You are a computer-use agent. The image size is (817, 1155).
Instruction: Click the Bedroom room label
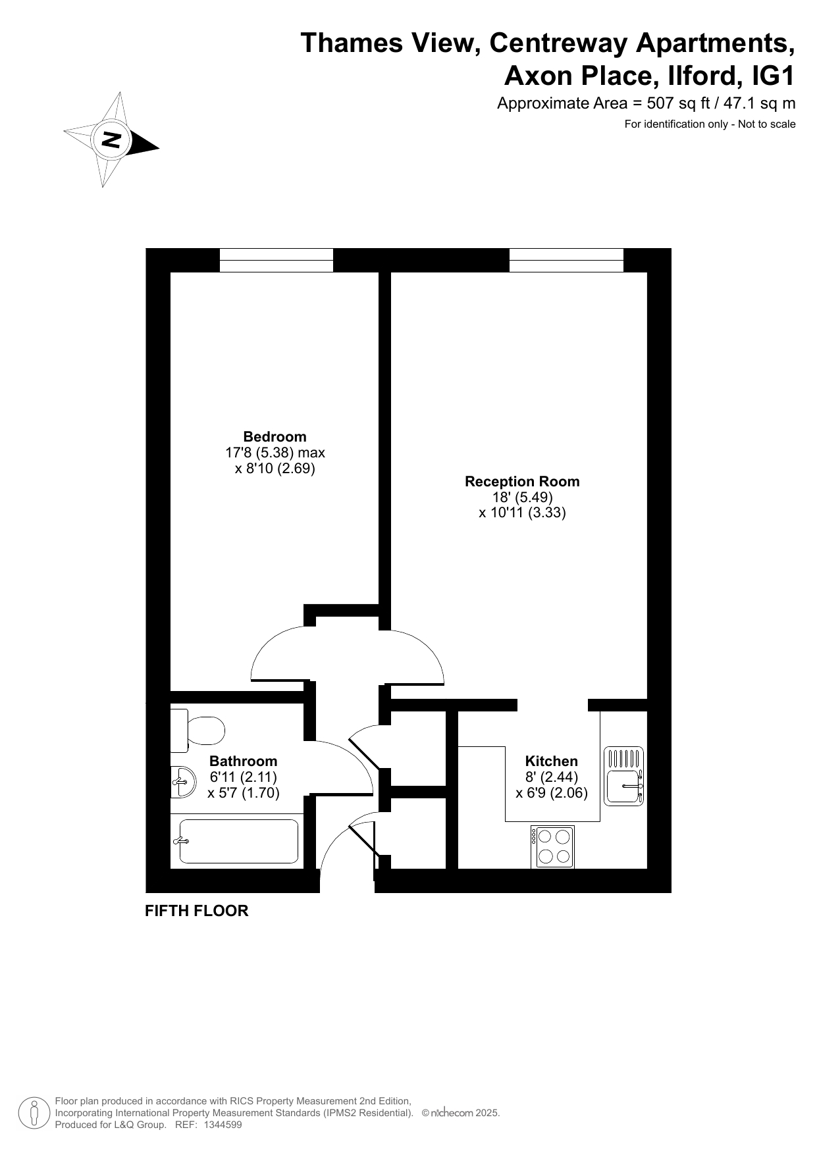[x=275, y=436]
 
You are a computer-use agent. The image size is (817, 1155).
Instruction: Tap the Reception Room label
[x=522, y=481]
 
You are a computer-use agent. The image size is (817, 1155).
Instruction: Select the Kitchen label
[x=551, y=761]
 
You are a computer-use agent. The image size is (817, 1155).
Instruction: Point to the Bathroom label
[x=243, y=761]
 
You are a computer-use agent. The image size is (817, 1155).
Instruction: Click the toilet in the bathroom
[x=198, y=731]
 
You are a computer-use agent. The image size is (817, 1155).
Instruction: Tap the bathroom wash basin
[x=183, y=782]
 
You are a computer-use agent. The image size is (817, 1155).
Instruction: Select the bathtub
[x=238, y=841]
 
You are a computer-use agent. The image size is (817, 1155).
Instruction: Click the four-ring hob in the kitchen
[x=552, y=846]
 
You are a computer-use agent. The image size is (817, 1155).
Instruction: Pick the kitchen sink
[x=623, y=777]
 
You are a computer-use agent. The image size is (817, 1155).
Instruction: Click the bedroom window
[x=276, y=260]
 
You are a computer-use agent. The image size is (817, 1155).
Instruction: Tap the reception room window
[x=566, y=260]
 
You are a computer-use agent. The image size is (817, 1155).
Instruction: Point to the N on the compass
[x=111, y=140]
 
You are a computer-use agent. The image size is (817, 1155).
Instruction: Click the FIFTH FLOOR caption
[x=197, y=911]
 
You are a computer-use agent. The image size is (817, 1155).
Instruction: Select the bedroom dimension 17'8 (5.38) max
[x=275, y=453]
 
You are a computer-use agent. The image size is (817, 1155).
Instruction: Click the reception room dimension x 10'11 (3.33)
[x=522, y=513]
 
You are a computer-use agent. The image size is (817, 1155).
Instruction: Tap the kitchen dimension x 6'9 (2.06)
[x=552, y=793]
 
